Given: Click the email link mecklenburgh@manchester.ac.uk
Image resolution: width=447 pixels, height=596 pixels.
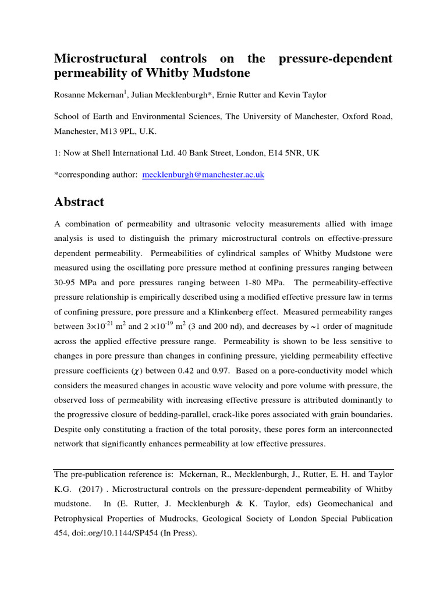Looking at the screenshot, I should click(203, 175).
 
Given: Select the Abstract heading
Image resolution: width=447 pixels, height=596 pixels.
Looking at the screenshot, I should click(79, 202).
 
